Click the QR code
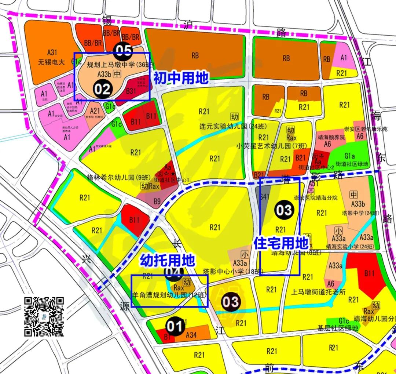point(44,317)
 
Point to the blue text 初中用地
point(181,78)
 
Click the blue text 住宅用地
point(281,243)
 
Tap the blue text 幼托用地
point(167,261)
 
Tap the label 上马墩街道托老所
point(312,293)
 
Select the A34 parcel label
point(191,334)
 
